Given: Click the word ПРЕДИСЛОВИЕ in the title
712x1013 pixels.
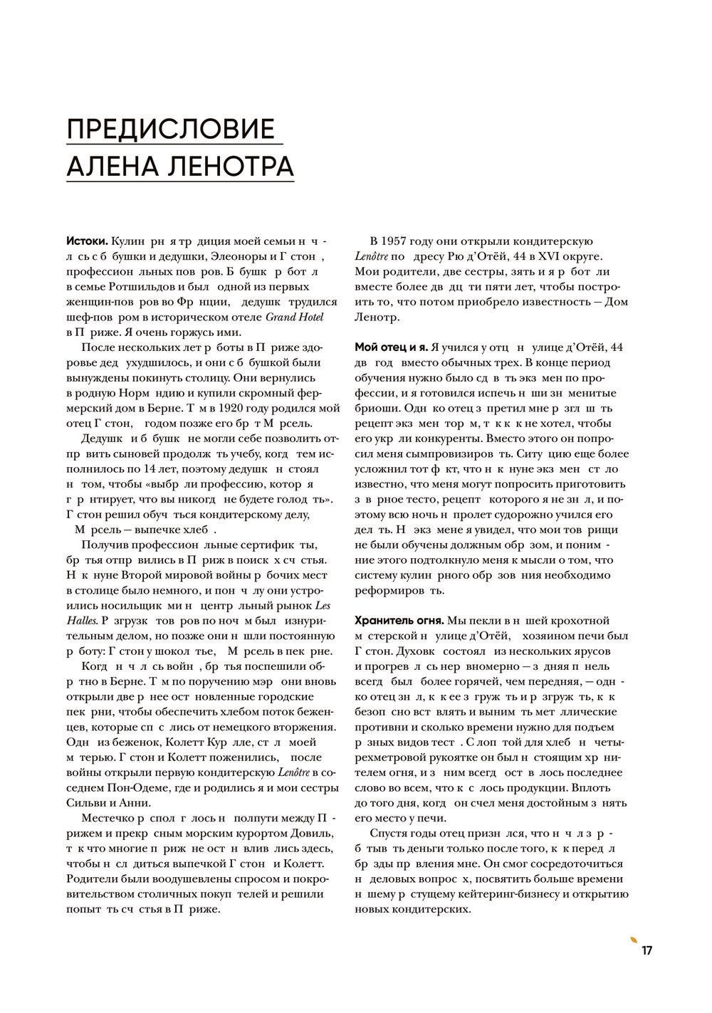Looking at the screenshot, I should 170,130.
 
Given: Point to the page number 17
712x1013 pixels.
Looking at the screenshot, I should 646,951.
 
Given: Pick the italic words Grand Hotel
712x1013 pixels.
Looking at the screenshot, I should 293,317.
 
